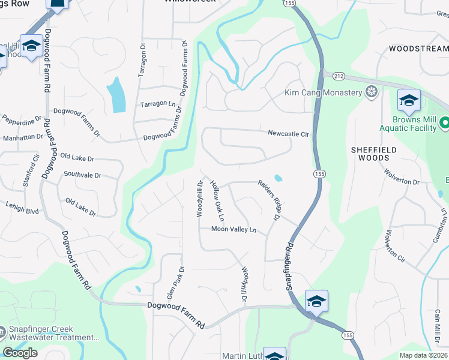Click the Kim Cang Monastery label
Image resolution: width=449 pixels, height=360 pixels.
click(324, 92)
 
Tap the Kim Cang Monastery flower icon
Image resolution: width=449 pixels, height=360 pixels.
click(372, 92)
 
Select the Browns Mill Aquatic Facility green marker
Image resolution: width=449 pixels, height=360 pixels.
click(444, 123)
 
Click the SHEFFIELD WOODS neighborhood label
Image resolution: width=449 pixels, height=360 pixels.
click(373, 153)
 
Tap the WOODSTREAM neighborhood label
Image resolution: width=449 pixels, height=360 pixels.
click(418, 47)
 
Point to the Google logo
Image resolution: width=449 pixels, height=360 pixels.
click(20, 353)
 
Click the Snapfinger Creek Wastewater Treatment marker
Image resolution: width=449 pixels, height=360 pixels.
click(2, 331)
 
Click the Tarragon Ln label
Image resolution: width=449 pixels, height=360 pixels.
click(158, 104)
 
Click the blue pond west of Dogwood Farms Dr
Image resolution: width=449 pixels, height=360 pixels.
click(116, 94)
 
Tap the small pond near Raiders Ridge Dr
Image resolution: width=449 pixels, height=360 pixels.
click(278, 178)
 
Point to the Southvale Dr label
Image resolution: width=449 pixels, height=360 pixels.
click(82, 175)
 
